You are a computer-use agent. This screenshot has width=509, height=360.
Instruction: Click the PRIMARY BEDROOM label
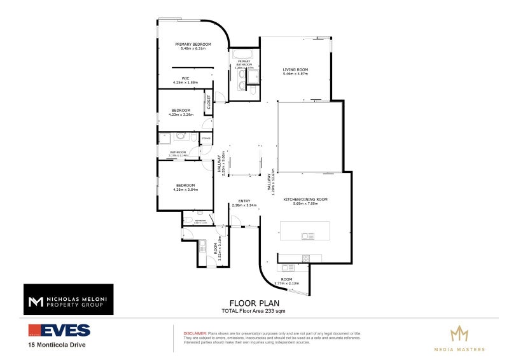[193, 44]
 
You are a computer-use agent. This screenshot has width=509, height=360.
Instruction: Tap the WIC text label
[185, 78]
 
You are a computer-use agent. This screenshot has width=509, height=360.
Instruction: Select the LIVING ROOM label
[295, 69]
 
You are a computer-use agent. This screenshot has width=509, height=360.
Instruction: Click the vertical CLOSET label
[209, 102]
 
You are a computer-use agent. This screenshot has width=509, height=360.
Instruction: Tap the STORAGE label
[206, 138]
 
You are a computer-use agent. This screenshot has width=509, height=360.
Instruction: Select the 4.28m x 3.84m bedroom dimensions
[185, 189]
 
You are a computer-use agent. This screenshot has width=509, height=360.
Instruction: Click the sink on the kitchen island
[307, 235]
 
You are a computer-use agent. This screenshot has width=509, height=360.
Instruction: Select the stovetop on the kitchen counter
[305, 258]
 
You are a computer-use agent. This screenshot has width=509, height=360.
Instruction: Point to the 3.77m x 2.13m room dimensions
[287, 283]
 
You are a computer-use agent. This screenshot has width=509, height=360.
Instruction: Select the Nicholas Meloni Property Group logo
[68, 299]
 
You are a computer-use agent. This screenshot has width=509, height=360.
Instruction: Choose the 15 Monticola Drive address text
[57, 345]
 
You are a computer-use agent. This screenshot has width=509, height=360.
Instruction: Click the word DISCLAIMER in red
[194, 333]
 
